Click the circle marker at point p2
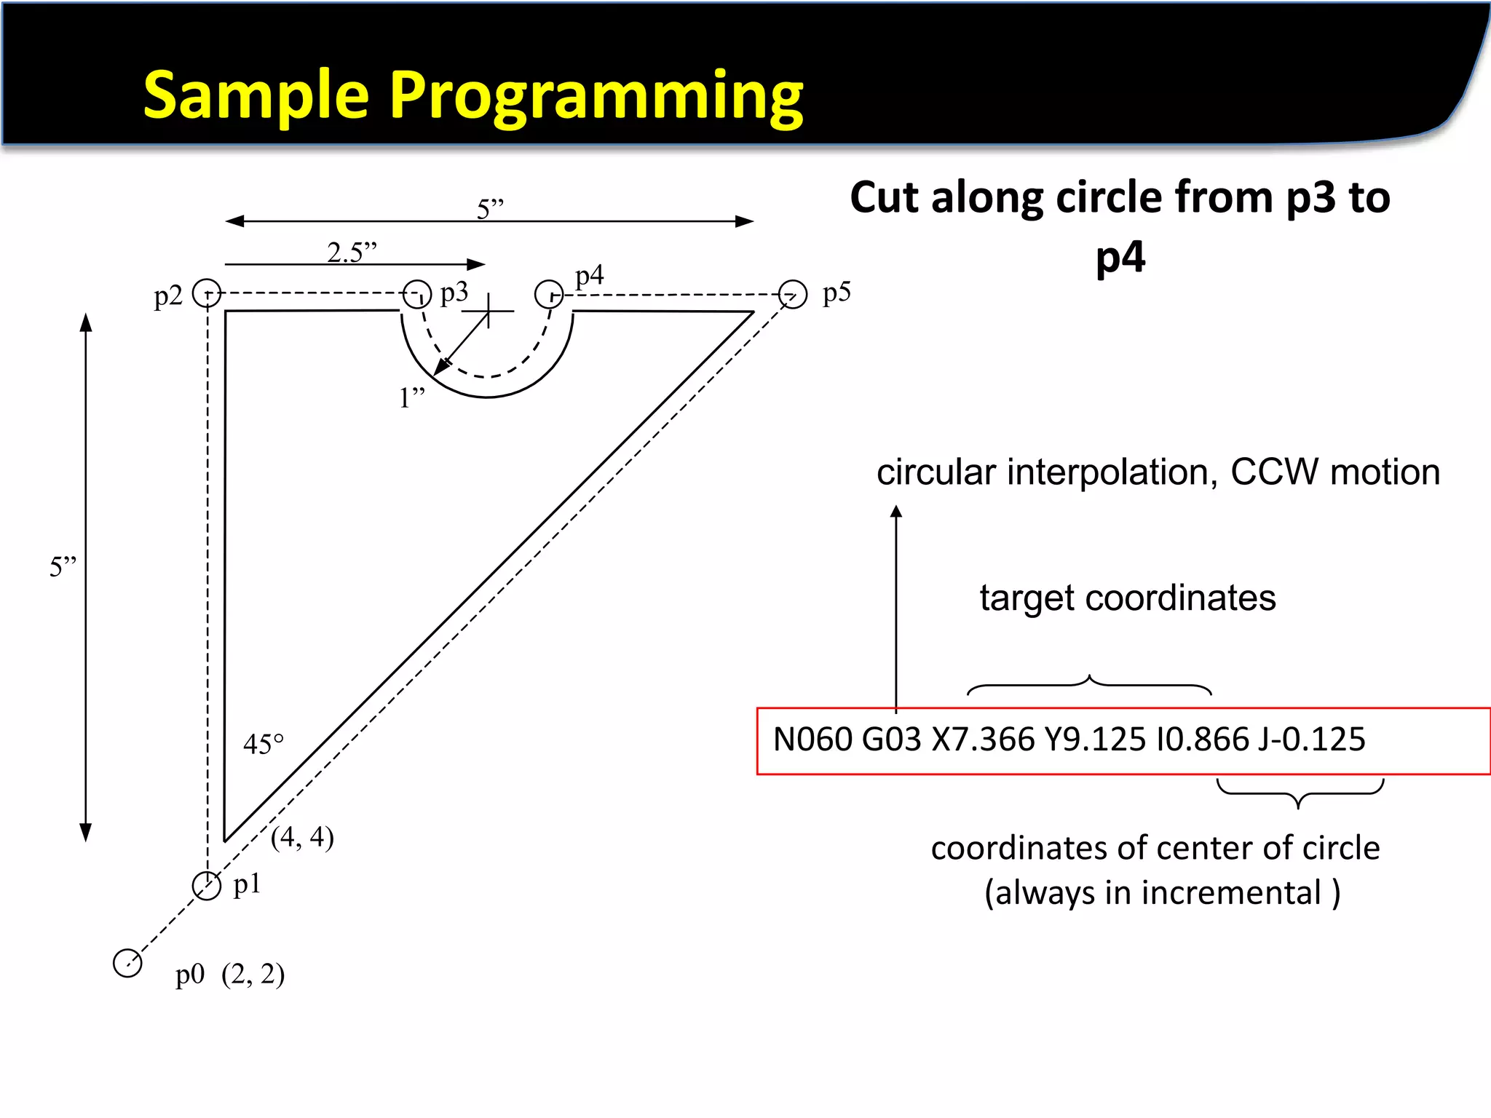pos(207,293)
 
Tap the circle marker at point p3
pos(417,294)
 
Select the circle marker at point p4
pos(549,294)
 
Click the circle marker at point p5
pos(793,294)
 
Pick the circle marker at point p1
pos(207,886)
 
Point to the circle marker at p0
pos(127,963)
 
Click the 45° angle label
pos(263,744)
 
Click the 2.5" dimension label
pos(352,252)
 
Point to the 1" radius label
pos(411,397)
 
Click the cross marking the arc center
pos(489,311)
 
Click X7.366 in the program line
pos(983,740)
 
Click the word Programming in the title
pos(596,96)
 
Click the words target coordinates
pos(1127,598)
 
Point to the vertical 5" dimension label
pos(63,566)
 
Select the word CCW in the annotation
pos(1274,472)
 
